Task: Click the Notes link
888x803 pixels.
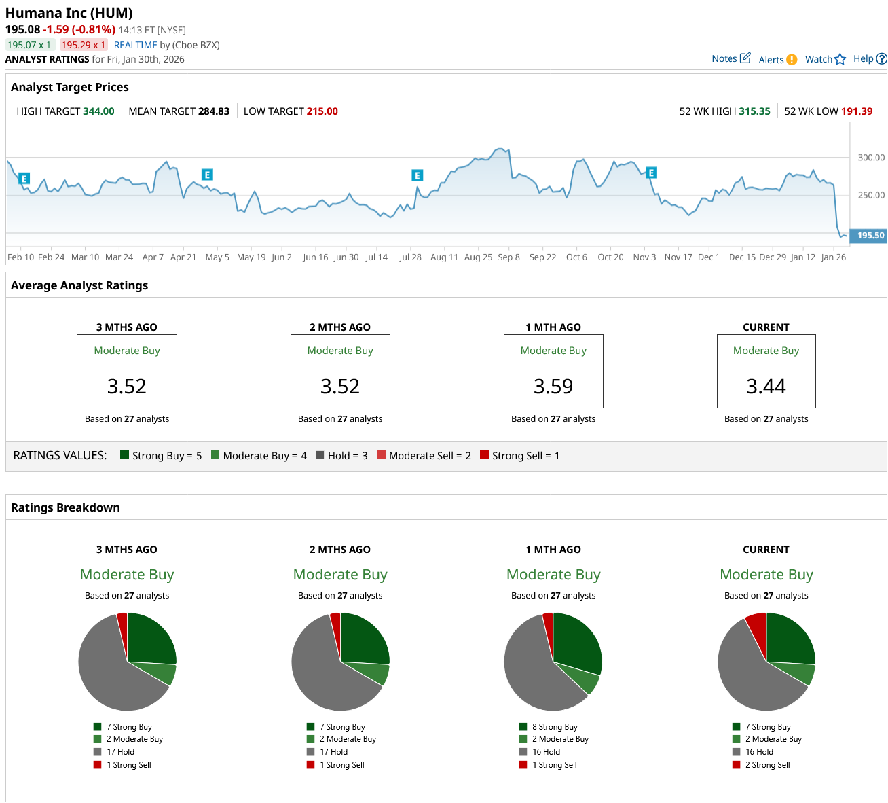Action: [x=724, y=58]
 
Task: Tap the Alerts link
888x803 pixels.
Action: [x=771, y=60]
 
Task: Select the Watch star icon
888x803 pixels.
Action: [x=840, y=59]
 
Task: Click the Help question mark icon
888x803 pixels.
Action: [x=881, y=59]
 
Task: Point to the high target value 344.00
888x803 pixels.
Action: [x=98, y=111]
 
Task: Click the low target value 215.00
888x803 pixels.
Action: [x=322, y=111]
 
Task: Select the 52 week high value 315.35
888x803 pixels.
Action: [x=754, y=111]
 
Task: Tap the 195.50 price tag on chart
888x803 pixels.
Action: [x=870, y=235]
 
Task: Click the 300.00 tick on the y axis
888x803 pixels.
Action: [x=871, y=158]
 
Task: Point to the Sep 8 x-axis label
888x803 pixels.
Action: [x=508, y=257]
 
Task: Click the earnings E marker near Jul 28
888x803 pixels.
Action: [x=418, y=175]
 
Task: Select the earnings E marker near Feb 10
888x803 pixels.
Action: [x=24, y=179]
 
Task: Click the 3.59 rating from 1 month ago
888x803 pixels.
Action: [x=553, y=386]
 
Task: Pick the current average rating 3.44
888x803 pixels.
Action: [x=766, y=386]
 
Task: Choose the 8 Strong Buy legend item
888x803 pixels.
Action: [x=554, y=727]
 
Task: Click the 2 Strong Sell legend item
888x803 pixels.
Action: [x=767, y=765]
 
